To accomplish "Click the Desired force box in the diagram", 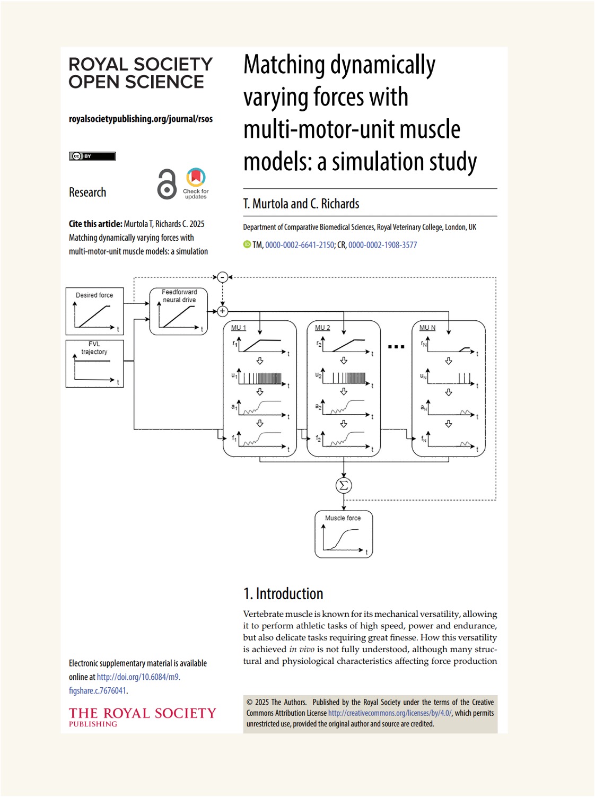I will pos(94,311).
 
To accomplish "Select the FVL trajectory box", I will pos(94,364).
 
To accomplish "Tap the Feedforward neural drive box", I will pos(179,311).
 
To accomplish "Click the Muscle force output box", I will pos(344,534).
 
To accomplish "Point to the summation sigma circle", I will pos(344,485).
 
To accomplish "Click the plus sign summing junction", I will pos(223,311).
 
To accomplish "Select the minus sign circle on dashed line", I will pos(223,277).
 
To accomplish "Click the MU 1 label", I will pos(239,328).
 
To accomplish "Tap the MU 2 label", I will pos(322,328).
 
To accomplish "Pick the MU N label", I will pos(427,328).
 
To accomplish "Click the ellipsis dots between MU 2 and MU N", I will pos(396,347).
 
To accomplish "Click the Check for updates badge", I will pos(196,183).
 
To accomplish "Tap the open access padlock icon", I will pos(167,184).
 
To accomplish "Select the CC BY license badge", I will pos(92,156).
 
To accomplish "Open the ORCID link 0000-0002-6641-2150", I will pos(300,245).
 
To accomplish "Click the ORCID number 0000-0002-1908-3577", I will pos(382,245).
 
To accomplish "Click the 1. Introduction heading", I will pos(283,593).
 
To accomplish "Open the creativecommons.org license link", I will pos(390,713).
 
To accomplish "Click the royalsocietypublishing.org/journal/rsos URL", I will pos(141,119).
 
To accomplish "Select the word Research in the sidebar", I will pos(87,192).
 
